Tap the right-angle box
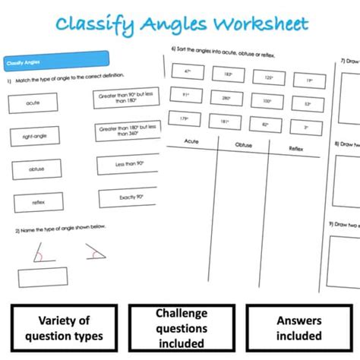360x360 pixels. pyautogui.click(x=33, y=136)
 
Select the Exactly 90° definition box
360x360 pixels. pyautogui.click(x=126, y=199)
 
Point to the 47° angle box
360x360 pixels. pyautogui.click(x=188, y=71)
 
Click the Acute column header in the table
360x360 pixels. pyautogui.click(x=190, y=141)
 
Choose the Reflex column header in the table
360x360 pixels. pyautogui.click(x=295, y=149)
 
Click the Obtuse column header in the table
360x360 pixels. pyautogui.click(x=243, y=145)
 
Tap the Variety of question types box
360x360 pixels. pyautogui.click(x=64, y=328)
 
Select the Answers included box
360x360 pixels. pyautogui.click(x=298, y=328)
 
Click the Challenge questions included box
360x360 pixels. pyautogui.click(x=182, y=328)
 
